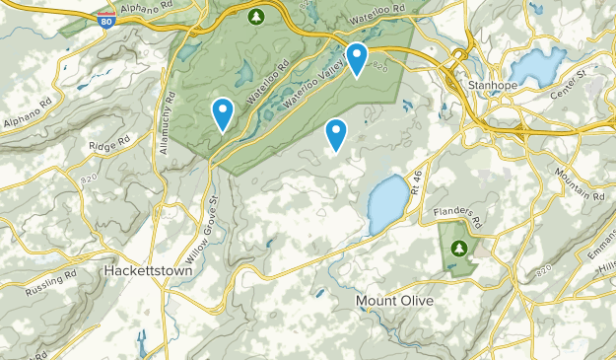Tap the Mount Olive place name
(x=393, y=300)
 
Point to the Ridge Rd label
(x=109, y=145)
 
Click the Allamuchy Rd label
(x=167, y=123)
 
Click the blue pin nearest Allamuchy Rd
(x=224, y=114)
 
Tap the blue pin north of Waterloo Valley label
(x=356, y=59)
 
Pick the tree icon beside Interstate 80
(x=256, y=17)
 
